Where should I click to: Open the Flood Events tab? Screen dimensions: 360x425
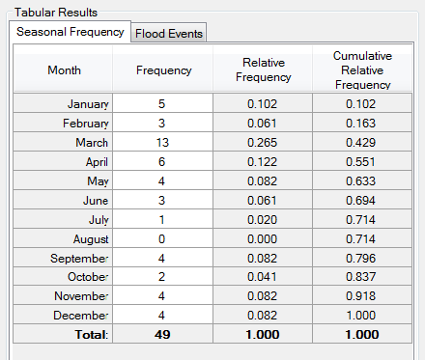pyautogui.click(x=169, y=33)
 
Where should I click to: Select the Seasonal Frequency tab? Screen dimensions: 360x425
pyautogui.click(x=71, y=32)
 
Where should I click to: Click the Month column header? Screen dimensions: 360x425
pyautogui.click(x=65, y=69)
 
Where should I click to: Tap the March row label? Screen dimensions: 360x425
pyautogui.click(x=88, y=142)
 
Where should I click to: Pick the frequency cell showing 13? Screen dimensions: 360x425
pyautogui.click(x=163, y=142)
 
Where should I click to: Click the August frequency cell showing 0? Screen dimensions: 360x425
pyautogui.click(x=163, y=237)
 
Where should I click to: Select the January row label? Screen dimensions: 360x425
pyautogui.click(x=88, y=103)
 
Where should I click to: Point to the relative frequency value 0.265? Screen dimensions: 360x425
pyautogui.click(x=263, y=142)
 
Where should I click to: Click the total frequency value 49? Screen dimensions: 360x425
pyautogui.click(x=163, y=334)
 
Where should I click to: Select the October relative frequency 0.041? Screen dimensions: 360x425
pyautogui.click(x=263, y=276)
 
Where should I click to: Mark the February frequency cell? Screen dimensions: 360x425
pyautogui.click(x=163, y=123)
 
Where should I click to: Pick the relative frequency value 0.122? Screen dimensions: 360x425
pyautogui.click(x=263, y=161)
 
